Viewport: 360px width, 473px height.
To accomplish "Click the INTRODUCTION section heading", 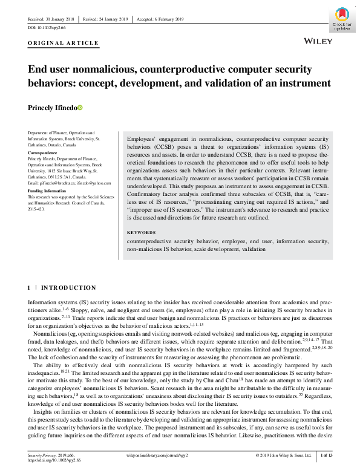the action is [68, 288].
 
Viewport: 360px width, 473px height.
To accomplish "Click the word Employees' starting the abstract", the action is [140, 139].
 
